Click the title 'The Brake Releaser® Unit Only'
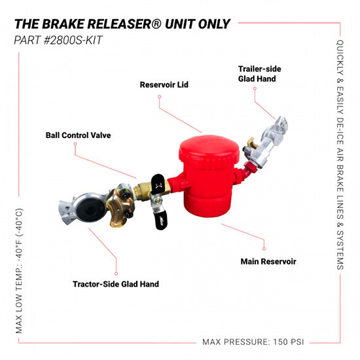tap(122, 24)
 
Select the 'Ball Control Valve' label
tap(78, 135)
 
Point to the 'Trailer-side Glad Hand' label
tap(257, 73)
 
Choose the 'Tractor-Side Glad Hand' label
tap(116, 284)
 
